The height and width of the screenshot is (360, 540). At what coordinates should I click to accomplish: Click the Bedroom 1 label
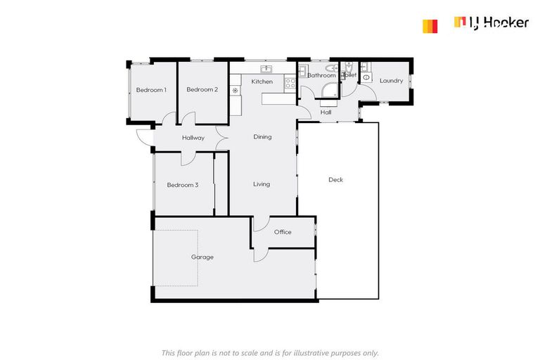151,90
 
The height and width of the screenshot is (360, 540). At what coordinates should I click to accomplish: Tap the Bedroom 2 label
202,90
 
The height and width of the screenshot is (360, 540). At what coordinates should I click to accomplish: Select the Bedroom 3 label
182,185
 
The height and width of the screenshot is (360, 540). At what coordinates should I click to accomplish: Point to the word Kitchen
262,82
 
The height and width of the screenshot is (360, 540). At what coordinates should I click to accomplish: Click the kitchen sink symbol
266,69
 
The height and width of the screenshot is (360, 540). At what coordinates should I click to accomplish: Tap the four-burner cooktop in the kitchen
289,83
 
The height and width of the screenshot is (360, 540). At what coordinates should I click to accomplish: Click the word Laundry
391,81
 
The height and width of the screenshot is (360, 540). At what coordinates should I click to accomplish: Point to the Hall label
326,112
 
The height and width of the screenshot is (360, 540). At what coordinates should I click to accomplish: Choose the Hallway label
193,138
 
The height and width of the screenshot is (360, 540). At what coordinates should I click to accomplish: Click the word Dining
262,137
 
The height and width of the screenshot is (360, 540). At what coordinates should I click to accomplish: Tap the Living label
262,184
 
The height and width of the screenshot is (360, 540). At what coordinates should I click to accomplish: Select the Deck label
335,180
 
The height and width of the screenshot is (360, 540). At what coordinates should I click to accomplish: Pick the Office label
283,232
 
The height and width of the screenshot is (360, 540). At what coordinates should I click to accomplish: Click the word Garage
202,257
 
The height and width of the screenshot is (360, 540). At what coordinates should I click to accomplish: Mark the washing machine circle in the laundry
366,78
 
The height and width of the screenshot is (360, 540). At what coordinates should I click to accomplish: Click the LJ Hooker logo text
499,23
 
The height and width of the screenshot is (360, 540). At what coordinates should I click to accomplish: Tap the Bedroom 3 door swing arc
189,158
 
